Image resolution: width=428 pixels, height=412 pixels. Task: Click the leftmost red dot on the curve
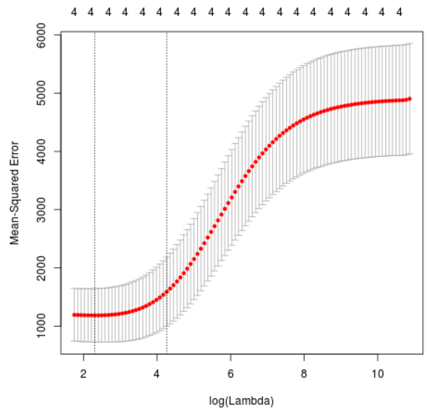pos(74,315)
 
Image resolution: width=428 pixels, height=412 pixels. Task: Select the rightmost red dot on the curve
pos(410,99)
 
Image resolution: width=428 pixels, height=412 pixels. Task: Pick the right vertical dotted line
pos(167,186)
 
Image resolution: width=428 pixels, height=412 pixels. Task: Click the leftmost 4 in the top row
pos(74,12)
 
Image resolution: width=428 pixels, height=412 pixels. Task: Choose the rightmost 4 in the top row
pos(399,12)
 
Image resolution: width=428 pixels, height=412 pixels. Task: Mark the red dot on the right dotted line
pos(167,292)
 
